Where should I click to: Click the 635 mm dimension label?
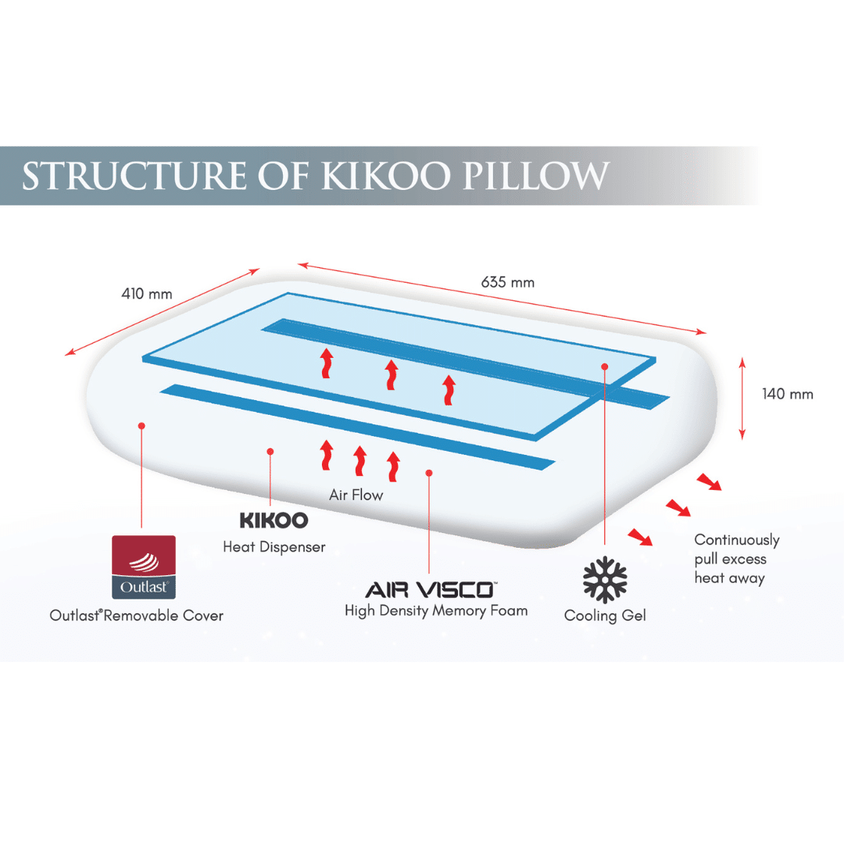(x=508, y=282)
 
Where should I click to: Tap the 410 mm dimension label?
(x=147, y=295)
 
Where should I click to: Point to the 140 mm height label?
(x=788, y=394)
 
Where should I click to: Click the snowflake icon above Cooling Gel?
(x=605, y=580)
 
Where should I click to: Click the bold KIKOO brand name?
(x=274, y=520)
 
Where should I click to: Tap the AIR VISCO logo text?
(x=430, y=588)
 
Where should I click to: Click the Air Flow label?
(x=356, y=495)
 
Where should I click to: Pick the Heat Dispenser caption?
(x=274, y=547)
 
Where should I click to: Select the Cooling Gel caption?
(x=605, y=616)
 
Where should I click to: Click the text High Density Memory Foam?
(x=436, y=610)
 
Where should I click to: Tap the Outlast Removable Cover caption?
(x=137, y=616)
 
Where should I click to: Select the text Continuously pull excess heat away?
(x=736, y=559)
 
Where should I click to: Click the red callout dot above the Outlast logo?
(x=141, y=426)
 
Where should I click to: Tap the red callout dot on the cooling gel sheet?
(x=605, y=366)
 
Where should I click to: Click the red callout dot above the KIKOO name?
(x=270, y=451)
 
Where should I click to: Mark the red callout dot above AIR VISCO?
(x=429, y=472)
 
